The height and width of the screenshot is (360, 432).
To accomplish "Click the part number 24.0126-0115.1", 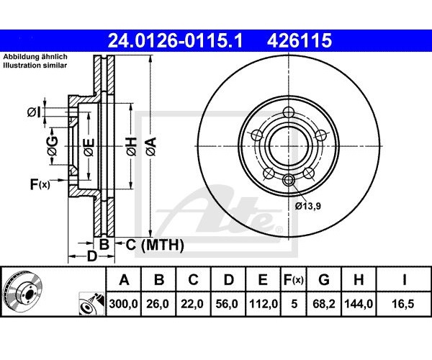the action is click(x=175, y=40).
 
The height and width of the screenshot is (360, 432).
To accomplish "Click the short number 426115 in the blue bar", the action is click(x=300, y=40).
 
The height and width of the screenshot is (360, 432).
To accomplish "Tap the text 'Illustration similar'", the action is click(x=35, y=66).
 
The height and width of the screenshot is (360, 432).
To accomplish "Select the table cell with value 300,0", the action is click(x=123, y=304).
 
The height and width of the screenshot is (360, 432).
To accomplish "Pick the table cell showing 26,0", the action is click(x=158, y=304).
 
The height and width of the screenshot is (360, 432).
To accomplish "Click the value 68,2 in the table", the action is click(x=324, y=304).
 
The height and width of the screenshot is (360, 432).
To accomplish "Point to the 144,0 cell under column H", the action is click(x=359, y=304).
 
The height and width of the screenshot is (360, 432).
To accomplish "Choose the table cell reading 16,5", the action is click(x=404, y=304).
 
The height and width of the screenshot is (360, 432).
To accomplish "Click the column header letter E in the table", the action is click(x=263, y=280).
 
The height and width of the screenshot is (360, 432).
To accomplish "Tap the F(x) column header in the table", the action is click(x=294, y=280).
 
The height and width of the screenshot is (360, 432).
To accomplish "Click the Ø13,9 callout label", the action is click(x=307, y=206).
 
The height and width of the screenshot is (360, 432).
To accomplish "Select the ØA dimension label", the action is click(x=151, y=147).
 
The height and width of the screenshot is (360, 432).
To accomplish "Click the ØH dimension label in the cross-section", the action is click(x=131, y=146).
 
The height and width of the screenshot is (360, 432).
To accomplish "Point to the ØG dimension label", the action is click(x=53, y=145).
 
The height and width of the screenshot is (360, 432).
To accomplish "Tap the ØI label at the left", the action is click(x=34, y=112).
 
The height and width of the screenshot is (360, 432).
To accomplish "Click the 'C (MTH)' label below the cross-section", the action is click(x=155, y=245).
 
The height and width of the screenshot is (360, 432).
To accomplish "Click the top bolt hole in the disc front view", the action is click(x=289, y=112).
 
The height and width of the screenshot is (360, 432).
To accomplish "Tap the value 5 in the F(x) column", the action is click(x=294, y=304).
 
